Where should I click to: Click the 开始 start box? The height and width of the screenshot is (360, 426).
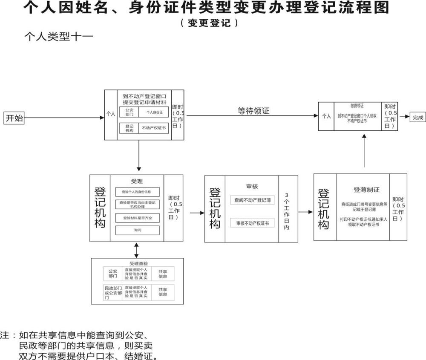point(14,118)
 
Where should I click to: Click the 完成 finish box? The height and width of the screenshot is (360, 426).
point(417,118)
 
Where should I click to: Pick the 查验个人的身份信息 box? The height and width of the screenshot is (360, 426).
point(137,191)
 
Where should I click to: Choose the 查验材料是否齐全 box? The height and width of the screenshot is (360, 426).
point(137,218)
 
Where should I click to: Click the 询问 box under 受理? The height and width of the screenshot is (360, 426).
point(137,230)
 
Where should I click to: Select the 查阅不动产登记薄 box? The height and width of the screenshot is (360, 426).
point(253,200)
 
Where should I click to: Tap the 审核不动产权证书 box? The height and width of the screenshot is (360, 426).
point(253,223)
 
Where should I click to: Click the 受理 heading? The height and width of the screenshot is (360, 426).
point(137,181)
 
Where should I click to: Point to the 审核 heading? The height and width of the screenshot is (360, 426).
point(252,186)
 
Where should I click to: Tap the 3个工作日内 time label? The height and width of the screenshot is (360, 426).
point(287,208)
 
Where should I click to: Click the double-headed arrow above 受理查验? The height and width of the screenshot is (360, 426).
point(136,250)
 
